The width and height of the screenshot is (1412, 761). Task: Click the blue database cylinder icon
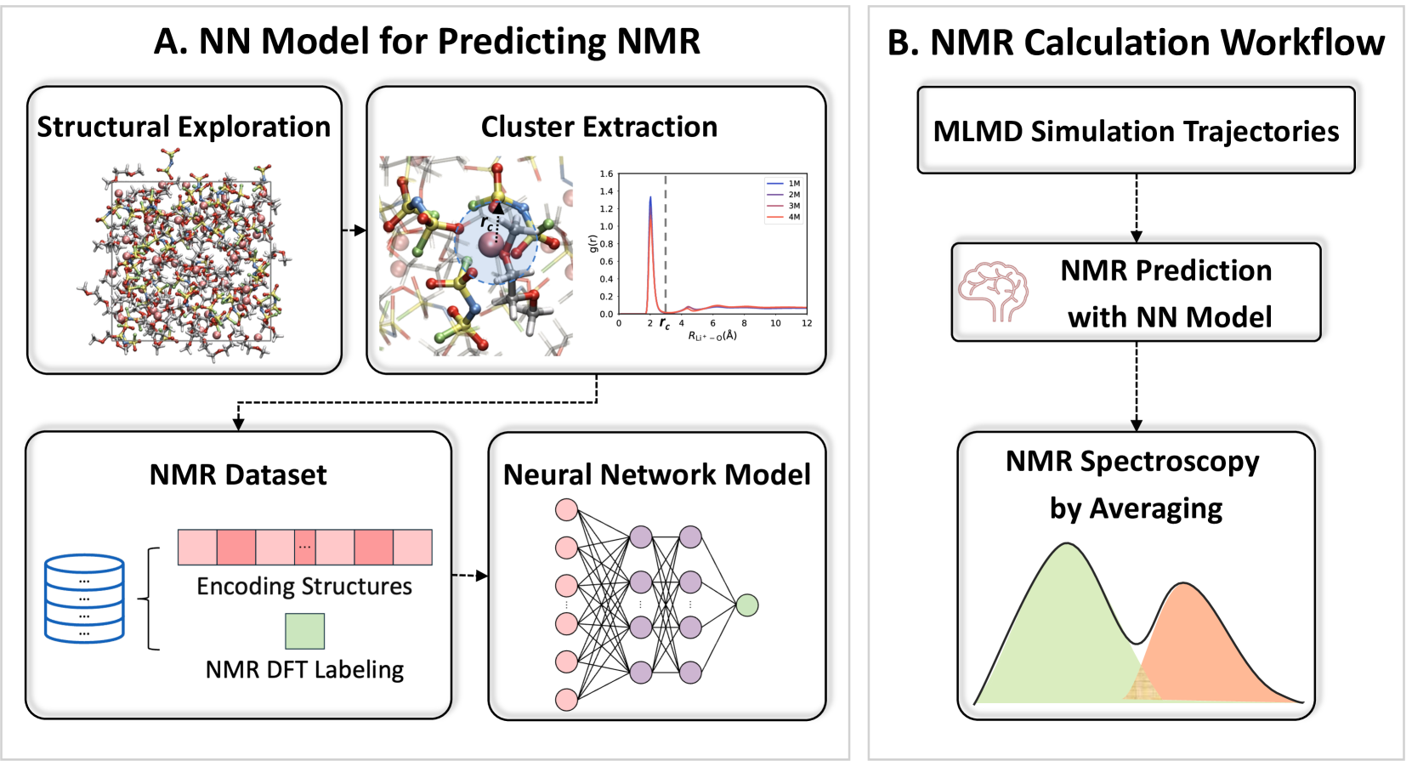[84, 598]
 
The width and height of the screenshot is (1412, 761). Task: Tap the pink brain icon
[993, 292]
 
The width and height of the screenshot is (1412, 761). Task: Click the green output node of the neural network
[746, 605]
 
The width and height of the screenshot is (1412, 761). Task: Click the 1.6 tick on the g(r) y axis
[606, 174]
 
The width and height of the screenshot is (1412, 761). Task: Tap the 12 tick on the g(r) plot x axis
[806, 323]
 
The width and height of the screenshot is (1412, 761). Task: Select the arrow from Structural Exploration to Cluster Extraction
[354, 230]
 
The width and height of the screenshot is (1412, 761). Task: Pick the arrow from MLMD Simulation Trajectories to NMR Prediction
[1136, 208]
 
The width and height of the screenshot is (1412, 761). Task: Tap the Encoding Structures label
[304, 586]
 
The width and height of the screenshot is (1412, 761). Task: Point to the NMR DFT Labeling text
[304, 670]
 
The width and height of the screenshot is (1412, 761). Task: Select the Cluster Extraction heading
[598, 127]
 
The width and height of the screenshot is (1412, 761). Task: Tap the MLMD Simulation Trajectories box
[1136, 131]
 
